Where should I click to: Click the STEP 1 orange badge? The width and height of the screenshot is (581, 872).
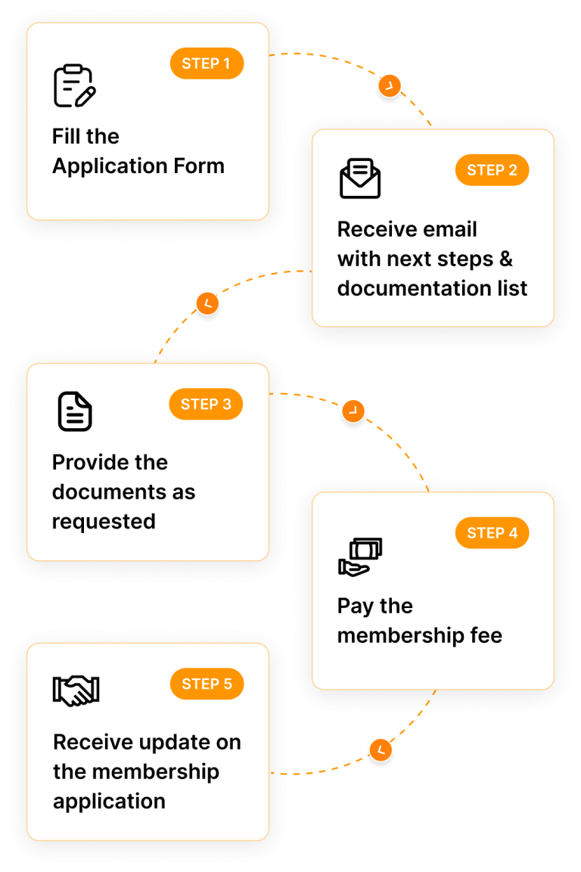point(207,64)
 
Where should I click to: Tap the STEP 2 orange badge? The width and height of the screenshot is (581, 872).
point(492,170)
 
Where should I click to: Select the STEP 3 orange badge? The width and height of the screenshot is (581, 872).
point(206,405)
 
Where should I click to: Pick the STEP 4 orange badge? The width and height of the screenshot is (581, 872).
point(492,533)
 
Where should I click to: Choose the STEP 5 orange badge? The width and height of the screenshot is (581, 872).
point(207,684)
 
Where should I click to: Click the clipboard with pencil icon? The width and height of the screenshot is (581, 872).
point(74,86)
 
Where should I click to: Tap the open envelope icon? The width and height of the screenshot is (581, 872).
point(359,178)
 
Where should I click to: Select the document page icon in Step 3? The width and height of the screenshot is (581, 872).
point(75,411)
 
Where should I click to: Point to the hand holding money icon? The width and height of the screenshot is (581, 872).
point(359,557)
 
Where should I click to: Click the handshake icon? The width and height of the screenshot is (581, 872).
point(76,690)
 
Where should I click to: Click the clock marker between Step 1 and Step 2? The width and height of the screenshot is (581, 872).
point(389,86)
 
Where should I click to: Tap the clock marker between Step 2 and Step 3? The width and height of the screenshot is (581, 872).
point(207,304)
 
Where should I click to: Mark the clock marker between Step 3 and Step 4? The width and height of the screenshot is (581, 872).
point(353,411)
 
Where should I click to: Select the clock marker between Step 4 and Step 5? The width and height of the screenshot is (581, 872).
point(381,750)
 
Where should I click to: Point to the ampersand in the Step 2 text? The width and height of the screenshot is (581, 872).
point(505,259)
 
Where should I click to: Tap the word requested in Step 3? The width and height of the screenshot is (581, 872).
point(104,522)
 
